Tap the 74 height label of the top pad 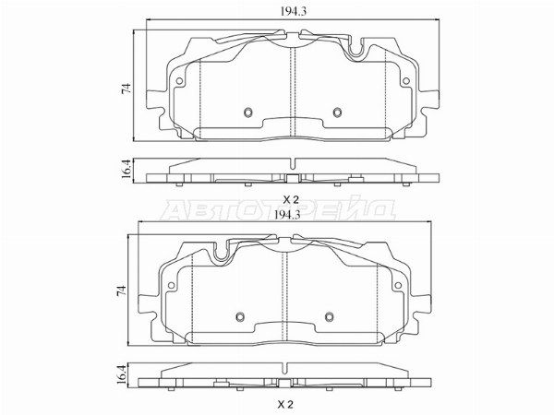123,89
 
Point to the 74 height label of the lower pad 123,290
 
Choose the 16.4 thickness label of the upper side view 123,171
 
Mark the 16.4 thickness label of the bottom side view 123,373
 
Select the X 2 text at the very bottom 286,404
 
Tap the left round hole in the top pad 247,113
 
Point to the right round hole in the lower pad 327,317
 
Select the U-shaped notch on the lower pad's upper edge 221,249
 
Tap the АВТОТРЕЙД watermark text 277,209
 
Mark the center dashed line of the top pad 292,88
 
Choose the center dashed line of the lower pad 287,290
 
